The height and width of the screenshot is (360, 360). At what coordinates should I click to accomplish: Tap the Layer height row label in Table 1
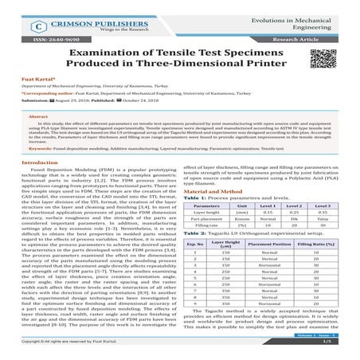(207, 213)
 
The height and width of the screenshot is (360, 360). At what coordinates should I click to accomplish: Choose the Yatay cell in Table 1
(322, 220)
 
